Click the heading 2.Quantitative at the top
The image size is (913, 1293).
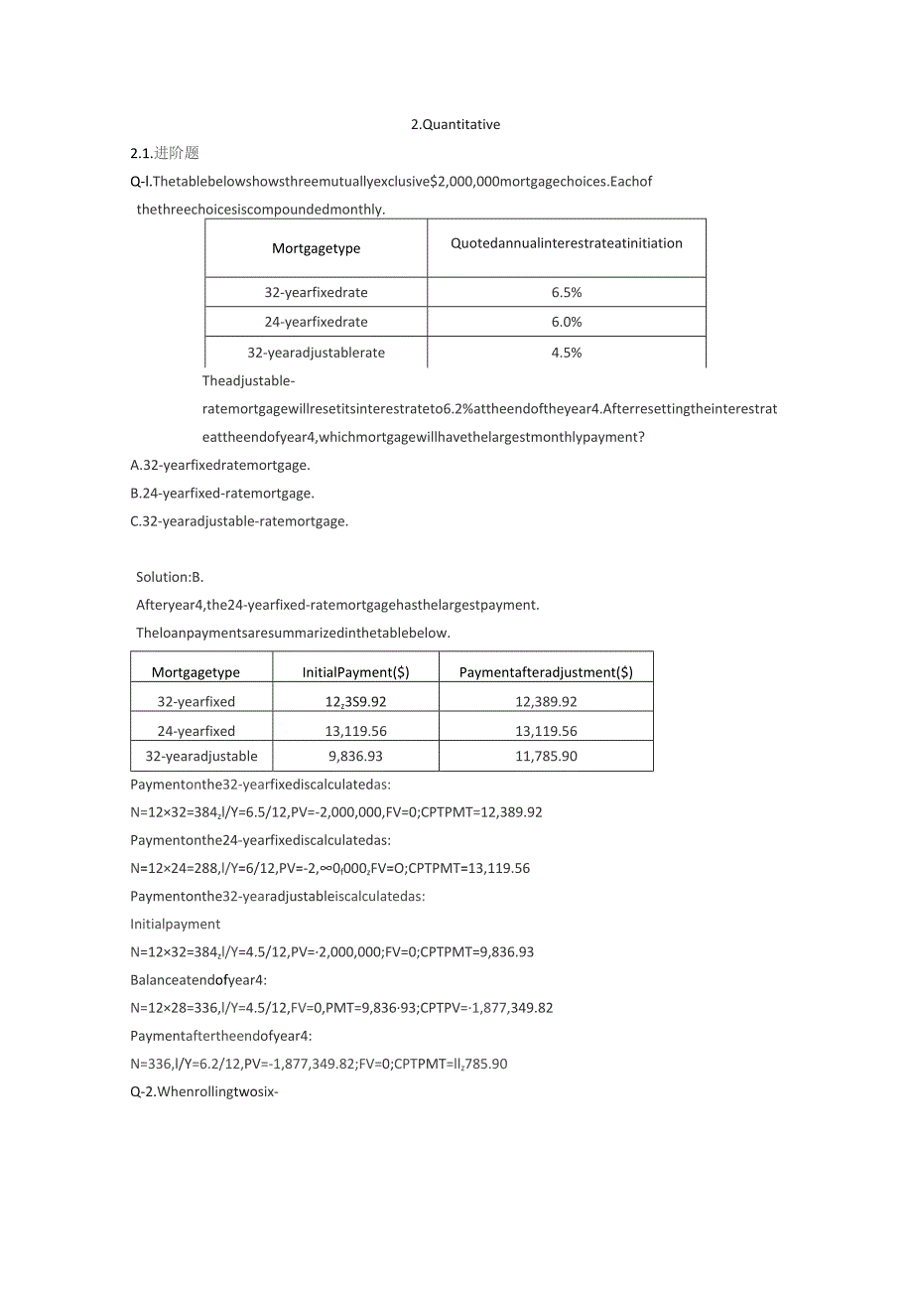coord(456,125)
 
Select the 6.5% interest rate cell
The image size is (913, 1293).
coord(567,293)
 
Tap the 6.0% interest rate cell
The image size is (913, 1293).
coord(567,322)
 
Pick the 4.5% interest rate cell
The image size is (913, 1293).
coord(567,353)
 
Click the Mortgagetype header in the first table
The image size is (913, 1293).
coord(317,248)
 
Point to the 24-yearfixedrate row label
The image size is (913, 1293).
coord(317,322)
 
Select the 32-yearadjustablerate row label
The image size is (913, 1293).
coord(317,353)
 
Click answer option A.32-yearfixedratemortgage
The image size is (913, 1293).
coord(220,465)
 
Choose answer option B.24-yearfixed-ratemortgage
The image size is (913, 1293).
coord(222,493)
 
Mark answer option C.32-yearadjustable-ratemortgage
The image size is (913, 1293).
coord(239,520)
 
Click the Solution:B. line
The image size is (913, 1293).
coord(170,577)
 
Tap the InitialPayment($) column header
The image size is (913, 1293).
coord(355,672)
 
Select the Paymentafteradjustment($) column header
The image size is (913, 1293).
coord(546,672)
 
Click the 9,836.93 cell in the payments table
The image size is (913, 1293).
coord(355,757)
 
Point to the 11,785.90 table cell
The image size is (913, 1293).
coord(546,757)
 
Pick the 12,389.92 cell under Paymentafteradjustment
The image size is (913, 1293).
coord(546,701)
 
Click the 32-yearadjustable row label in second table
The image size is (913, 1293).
coord(201,757)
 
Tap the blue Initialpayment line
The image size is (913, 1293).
coord(176,924)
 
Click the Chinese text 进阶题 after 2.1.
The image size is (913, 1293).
coord(178,153)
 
